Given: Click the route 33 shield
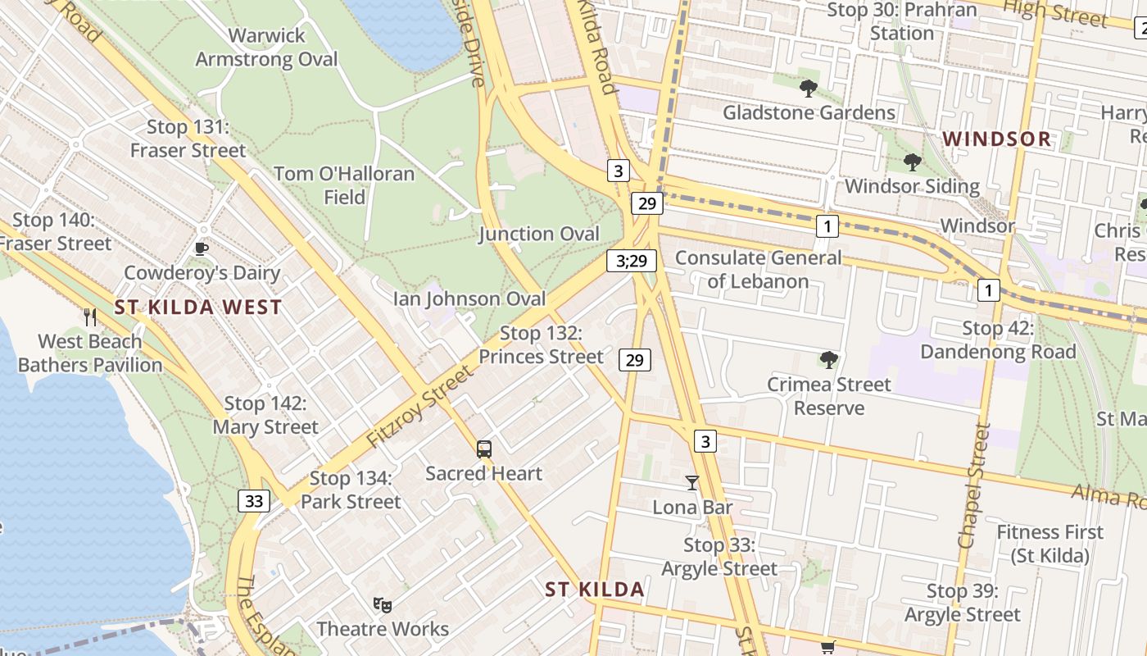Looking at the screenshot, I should pos(254,500).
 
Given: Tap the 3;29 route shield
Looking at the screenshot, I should pos(632,261).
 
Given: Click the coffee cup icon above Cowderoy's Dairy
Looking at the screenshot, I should pos(202,248).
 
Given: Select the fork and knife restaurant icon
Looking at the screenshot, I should pos(90,317).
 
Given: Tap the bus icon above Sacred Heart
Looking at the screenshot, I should pos(484,449).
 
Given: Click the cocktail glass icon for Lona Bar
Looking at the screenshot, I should pos(692,482).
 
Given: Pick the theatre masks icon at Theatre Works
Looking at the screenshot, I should pos(382,604).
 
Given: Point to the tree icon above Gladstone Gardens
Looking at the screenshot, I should pos(809,88).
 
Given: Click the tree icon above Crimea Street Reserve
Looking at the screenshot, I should pos(828,359).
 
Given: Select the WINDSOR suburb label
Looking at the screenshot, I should pos(997,139).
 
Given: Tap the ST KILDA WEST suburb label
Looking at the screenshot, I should pos(198,307).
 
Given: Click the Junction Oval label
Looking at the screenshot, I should pos(539,234).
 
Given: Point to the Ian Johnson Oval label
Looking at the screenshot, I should pos(469,298).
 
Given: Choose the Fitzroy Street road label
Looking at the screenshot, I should pos(419,407).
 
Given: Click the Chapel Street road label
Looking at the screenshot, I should pos(974,485).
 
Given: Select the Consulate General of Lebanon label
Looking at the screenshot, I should pos(758,270).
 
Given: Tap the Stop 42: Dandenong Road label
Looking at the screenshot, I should pos(998,340).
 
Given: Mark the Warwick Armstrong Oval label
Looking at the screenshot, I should pos(266,48).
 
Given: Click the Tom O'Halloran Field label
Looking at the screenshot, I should pos(344,185).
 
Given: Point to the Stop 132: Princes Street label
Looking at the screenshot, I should pos(541,344).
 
